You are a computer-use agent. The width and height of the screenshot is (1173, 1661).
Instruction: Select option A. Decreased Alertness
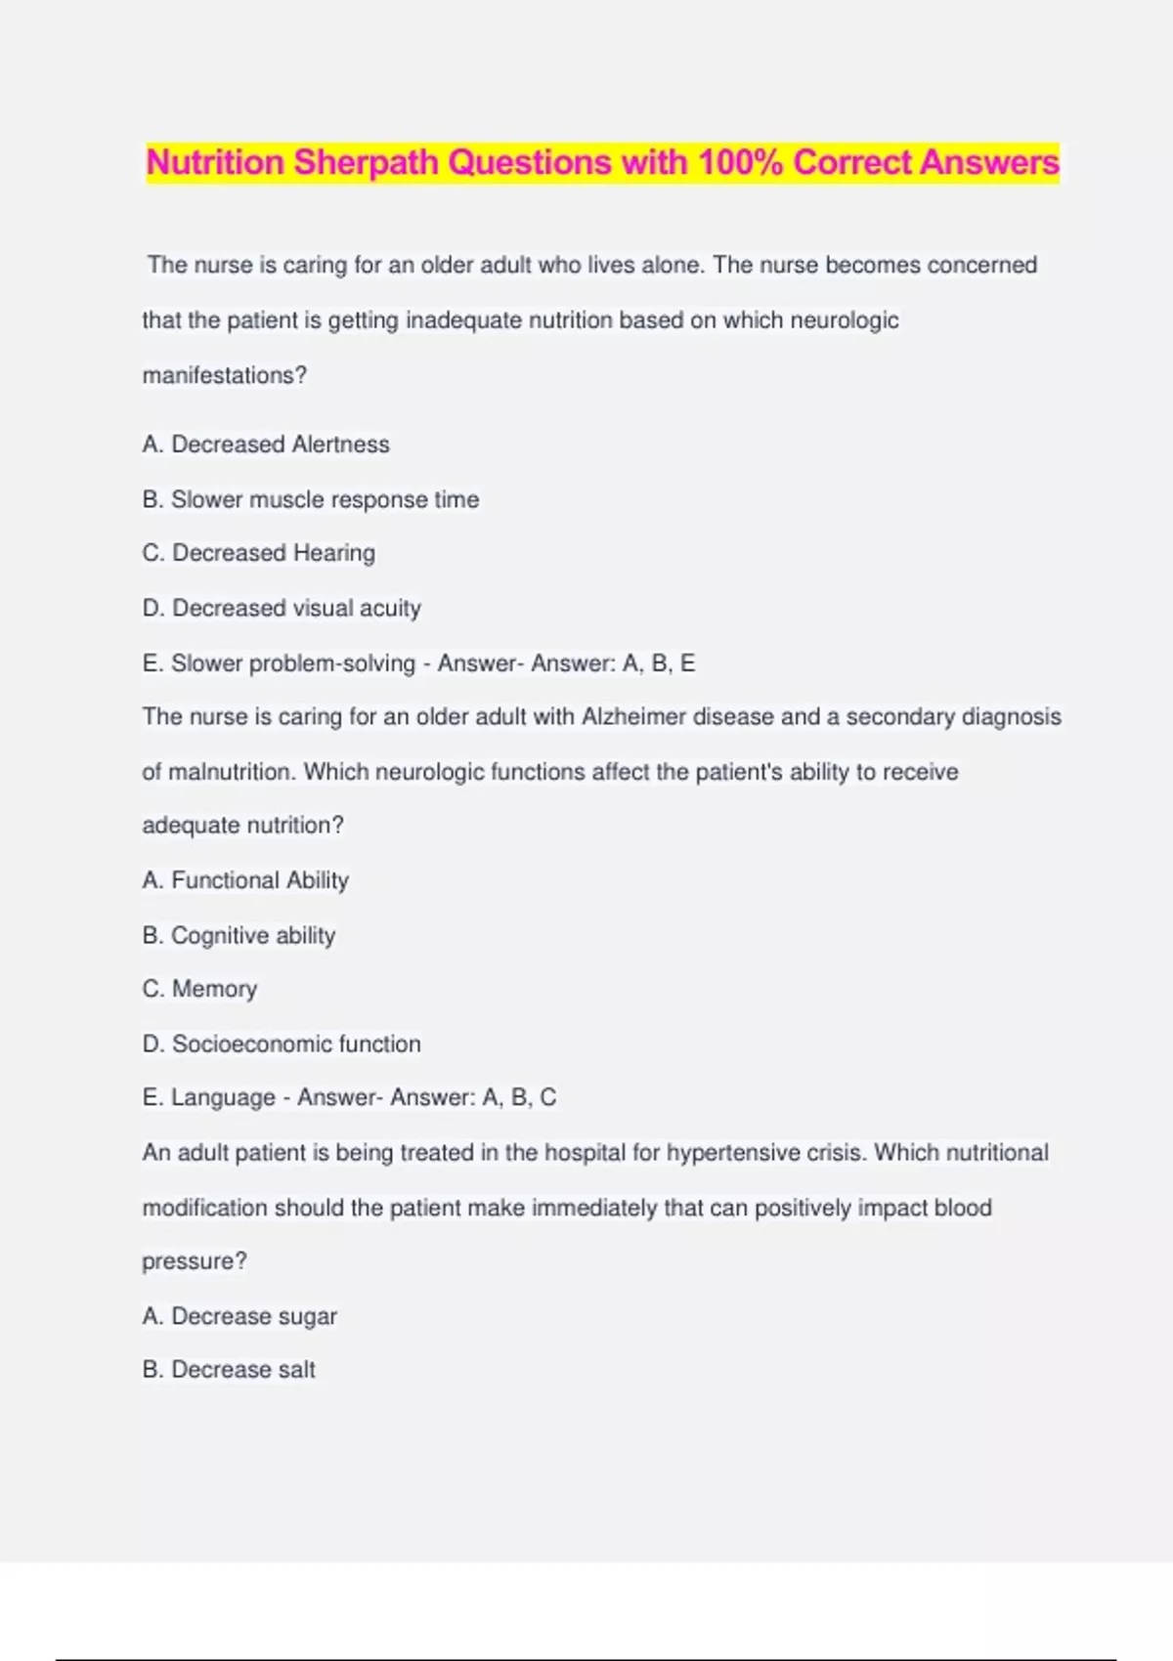coord(266,445)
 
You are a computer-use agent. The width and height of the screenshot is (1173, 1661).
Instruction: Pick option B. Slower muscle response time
coord(311,499)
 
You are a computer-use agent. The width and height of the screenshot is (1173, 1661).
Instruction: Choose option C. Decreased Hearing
coord(258,553)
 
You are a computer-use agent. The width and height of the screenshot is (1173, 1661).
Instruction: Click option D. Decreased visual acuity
coord(282,608)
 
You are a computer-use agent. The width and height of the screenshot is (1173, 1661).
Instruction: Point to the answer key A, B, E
coord(658,663)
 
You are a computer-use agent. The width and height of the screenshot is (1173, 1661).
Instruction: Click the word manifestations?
coord(224,375)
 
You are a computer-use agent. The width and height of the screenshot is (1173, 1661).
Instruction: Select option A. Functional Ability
coord(245,880)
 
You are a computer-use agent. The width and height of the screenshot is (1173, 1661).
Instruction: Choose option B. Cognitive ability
coord(239,935)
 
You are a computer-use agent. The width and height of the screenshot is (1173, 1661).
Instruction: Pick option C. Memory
coord(199,989)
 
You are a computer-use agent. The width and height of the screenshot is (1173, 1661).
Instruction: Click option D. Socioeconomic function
coord(282,1043)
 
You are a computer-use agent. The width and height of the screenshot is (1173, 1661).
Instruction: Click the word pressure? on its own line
coord(195,1261)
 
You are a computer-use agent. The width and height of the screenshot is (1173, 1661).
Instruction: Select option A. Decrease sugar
coord(239,1316)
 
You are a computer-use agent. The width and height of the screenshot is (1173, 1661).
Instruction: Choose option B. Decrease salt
coord(229,1370)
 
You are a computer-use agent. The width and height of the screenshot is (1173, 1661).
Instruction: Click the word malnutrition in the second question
coord(230,772)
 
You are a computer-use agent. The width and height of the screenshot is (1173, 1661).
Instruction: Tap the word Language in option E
coord(223,1097)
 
